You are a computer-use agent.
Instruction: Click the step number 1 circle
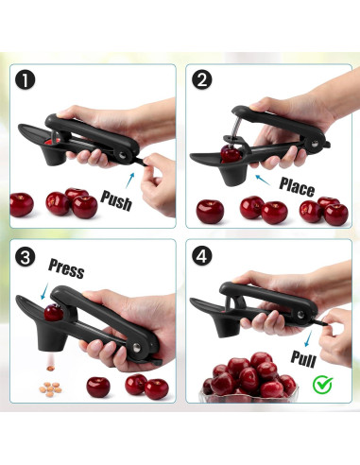(26, 80)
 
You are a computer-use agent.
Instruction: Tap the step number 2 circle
(202, 79)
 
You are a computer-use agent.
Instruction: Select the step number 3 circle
(26, 257)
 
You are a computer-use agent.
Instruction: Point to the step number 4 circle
(202, 255)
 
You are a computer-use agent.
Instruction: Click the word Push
(116, 200)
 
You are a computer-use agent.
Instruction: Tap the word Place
(297, 187)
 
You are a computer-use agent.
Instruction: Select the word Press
(66, 268)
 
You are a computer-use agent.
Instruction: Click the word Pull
(303, 358)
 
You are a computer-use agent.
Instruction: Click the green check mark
(322, 385)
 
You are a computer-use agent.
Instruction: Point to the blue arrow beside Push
(130, 181)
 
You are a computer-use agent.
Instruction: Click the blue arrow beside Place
(263, 180)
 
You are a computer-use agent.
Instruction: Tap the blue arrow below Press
(44, 291)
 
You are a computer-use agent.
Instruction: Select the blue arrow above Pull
(308, 338)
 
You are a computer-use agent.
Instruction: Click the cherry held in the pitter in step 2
(231, 154)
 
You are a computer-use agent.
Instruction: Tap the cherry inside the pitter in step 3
(54, 313)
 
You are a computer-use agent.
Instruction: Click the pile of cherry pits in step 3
(50, 389)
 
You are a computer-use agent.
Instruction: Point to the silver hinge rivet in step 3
(137, 348)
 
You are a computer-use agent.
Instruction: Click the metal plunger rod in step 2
(237, 128)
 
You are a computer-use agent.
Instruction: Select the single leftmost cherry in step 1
(22, 205)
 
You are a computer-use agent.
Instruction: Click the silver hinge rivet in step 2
(315, 144)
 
